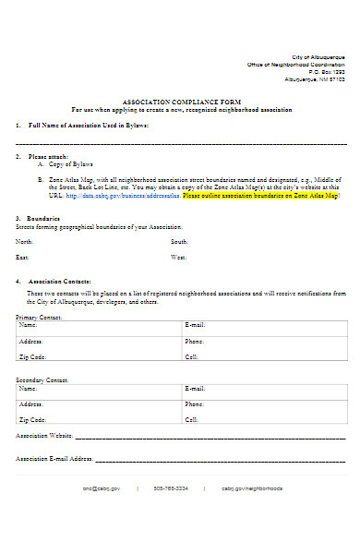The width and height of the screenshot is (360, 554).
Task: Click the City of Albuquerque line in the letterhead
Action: [318, 57]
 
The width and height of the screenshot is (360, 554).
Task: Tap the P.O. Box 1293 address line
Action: [326, 72]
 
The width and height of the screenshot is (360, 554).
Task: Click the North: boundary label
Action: [25, 242]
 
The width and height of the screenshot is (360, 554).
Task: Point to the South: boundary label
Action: [180, 242]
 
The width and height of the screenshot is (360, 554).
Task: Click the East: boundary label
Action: [23, 258]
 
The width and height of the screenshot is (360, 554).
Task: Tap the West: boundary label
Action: [179, 258]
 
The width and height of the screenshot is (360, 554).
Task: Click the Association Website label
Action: [44, 436]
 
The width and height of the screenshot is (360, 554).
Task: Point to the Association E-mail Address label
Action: [54, 458]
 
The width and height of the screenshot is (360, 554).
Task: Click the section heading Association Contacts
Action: [59, 280]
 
